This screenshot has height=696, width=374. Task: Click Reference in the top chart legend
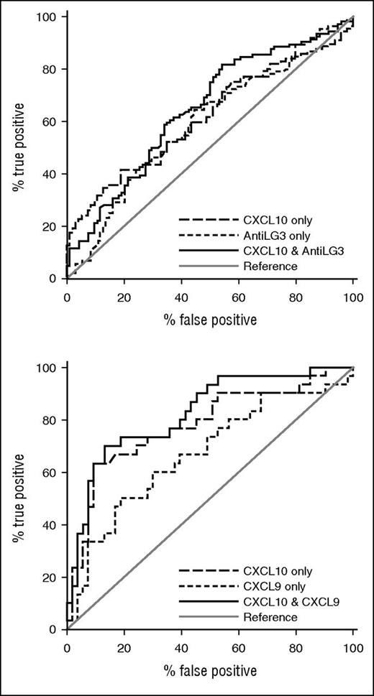pos(270,266)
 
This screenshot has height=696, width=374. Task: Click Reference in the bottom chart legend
pos(270,617)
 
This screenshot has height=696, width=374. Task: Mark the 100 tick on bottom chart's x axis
pos(352,646)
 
